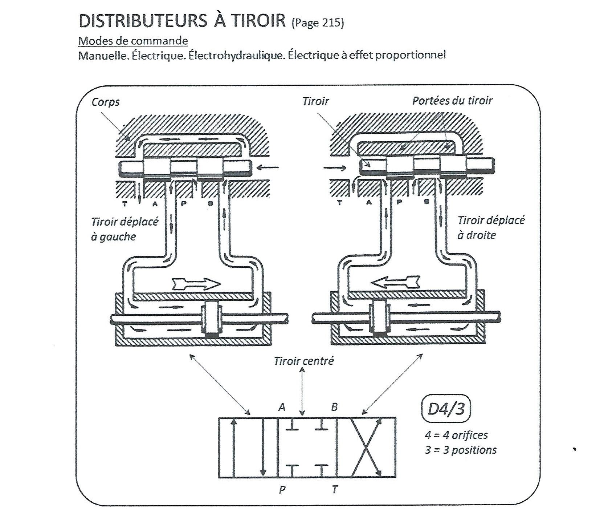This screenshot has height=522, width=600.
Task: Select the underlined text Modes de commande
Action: pyautogui.click(x=133, y=40)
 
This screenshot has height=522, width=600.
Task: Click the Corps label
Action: pyautogui.click(x=105, y=102)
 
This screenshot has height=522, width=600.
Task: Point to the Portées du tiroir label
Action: pyautogui.click(x=452, y=101)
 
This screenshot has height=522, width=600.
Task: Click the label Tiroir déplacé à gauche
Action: pyautogui.click(x=125, y=229)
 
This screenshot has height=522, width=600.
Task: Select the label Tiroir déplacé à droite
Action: pyautogui.click(x=491, y=227)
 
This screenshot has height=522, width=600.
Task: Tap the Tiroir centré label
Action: pyautogui.click(x=303, y=361)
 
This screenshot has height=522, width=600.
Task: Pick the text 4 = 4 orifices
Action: pyautogui.click(x=456, y=435)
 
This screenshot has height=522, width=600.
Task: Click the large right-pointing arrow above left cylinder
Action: pyautogui.click(x=196, y=283)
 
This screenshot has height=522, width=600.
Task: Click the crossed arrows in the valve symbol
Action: pyautogui.click(x=366, y=447)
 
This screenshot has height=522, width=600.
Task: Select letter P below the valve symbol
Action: pyautogui.click(x=282, y=490)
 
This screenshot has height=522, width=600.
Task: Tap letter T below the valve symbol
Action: pyautogui.click(x=334, y=490)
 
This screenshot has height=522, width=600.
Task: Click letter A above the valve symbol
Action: pyautogui.click(x=282, y=408)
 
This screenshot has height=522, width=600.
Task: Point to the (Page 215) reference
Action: pyautogui.click(x=317, y=23)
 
